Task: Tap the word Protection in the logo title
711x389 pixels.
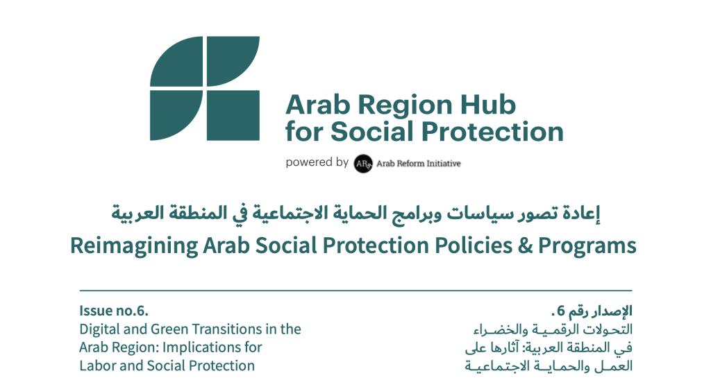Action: (x=493, y=132)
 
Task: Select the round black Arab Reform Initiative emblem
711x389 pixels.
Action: (x=363, y=164)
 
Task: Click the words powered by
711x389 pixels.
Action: (x=317, y=162)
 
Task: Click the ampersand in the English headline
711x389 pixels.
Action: (x=525, y=245)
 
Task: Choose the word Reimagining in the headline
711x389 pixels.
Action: (x=134, y=246)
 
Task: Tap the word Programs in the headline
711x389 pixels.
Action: (x=587, y=246)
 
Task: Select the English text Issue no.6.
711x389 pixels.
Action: (x=114, y=311)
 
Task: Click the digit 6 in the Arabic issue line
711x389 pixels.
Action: (x=561, y=311)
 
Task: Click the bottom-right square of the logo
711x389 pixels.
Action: (x=233, y=116)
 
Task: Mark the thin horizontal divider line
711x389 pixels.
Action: (x=356, y=291)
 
